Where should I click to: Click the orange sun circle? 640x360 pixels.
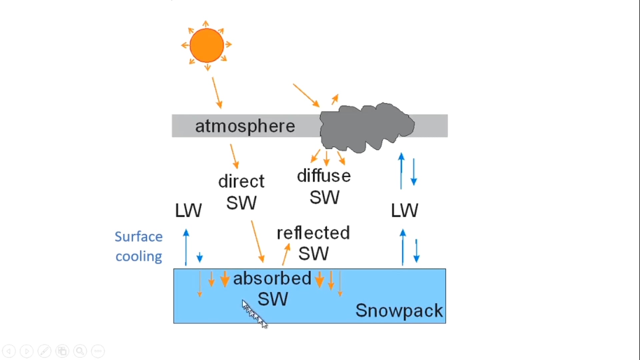pyautogui.click(x=207, y=45)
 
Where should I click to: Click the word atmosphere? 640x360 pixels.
pyautogui.click(x=245, y=126)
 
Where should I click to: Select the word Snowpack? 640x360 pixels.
pyautogui.click(x=399, y=311)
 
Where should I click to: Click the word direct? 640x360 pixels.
pyautogui.click(x=241, y=182)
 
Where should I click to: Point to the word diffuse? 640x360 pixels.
pyautogui.click(x=324, y=176)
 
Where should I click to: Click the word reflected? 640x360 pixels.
pyautogui.click(x=313, y=233)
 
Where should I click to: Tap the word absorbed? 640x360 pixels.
pyautogui.click(x=272, y=278)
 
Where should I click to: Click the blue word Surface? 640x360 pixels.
pyautogui.click(x=139, y=237)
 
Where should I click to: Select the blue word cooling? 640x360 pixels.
pyautogui.click(x=139, y=257)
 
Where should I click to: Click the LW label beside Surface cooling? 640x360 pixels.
pyautogui.click(x=188, y=211)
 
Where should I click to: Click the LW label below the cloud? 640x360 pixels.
pyautogui.click(x=404, y=211)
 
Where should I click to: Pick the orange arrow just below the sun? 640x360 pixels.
pyautogui.click(x=217, y=93)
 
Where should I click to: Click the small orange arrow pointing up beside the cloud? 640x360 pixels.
pyautogui.click(x=335, y=99)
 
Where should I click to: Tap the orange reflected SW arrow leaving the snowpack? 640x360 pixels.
pyautogui.click(x=286, y=254)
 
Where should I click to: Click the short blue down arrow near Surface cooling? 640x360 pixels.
pyautogui.click(x=200, y=257)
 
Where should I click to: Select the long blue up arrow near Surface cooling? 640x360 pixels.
pyautogui.click(x=186, y=247)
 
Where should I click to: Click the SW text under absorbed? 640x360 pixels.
pyautogui.click(x=273, y=299)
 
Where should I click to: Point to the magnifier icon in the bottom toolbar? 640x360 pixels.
pyautogui.click(x=80, y=351)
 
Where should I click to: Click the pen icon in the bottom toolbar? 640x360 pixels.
pyautogui.click(x=44, y=351)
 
